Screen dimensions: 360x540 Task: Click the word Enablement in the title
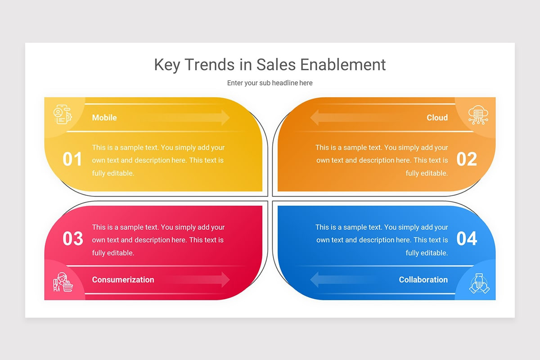coord(343,64)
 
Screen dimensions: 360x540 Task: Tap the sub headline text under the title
coord(270,83)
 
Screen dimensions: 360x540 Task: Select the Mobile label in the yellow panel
coord(104,117)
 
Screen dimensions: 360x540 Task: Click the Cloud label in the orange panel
coord(437,117)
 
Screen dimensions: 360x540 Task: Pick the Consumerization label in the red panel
coord(123,279)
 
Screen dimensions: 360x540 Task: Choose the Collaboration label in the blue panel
coord(423,279)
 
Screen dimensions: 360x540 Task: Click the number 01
coord(72,159)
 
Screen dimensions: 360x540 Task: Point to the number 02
coord(467,159)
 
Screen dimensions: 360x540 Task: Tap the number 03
coord(72,238)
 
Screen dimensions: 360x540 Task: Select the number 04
coord(467,238)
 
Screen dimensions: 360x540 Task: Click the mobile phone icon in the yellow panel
coord(62,115)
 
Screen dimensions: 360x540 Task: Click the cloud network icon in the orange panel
coord(478,115)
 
